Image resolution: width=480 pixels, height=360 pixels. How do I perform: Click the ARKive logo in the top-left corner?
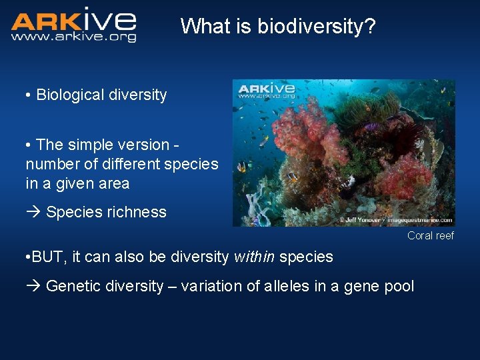[73, 20]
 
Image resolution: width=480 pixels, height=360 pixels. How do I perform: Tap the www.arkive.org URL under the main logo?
[73, 37]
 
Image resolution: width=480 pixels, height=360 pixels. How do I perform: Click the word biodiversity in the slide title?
[316, 27]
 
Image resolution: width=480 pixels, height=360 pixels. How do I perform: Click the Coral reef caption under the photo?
[431, 235]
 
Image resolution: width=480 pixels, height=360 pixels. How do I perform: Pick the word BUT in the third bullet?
[47, 257]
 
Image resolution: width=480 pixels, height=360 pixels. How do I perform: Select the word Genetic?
[71, 287]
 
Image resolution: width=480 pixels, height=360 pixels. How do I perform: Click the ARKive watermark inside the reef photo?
[267, 90]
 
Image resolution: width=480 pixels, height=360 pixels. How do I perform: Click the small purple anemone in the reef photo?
[371, 126]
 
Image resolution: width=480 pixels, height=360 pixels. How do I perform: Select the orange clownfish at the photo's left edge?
[241, 167]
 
